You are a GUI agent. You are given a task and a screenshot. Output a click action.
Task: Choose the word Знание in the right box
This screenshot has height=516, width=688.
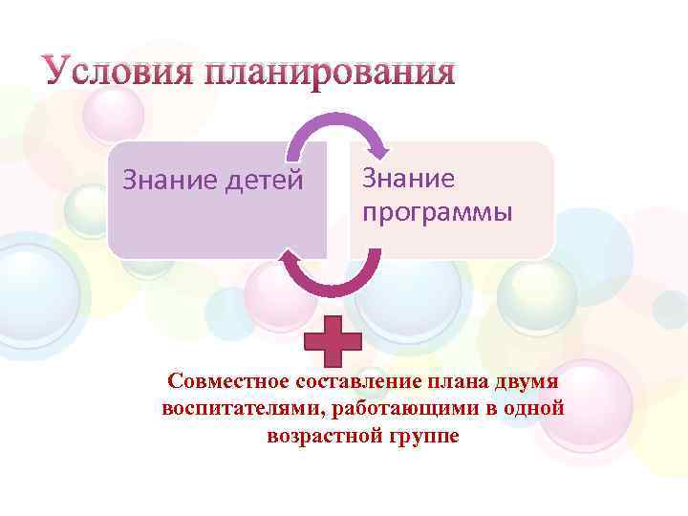(409, 179)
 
